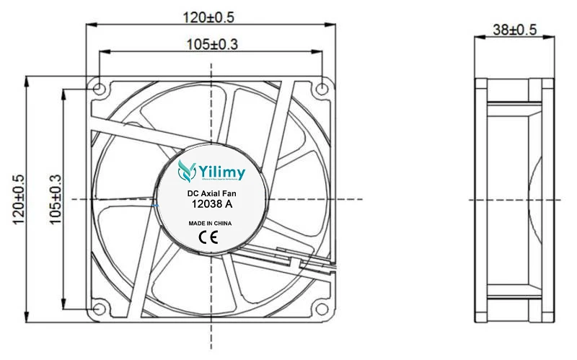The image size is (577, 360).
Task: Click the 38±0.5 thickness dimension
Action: click(x=514, y=29)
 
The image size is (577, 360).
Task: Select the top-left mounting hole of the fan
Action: click(x=99, y=89)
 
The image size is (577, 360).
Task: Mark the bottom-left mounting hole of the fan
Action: click(x=99, y=309)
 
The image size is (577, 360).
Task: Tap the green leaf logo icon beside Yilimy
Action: click(x=187, y=171)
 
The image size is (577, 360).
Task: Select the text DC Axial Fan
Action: click(x=211, y=193)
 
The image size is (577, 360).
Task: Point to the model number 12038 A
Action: click(x=211, y=205)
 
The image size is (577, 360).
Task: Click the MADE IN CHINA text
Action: click(x=211, y=224)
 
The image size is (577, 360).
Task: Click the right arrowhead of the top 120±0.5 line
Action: click(x=330, y=25)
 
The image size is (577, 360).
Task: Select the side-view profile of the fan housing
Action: click(x=514, y=199)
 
